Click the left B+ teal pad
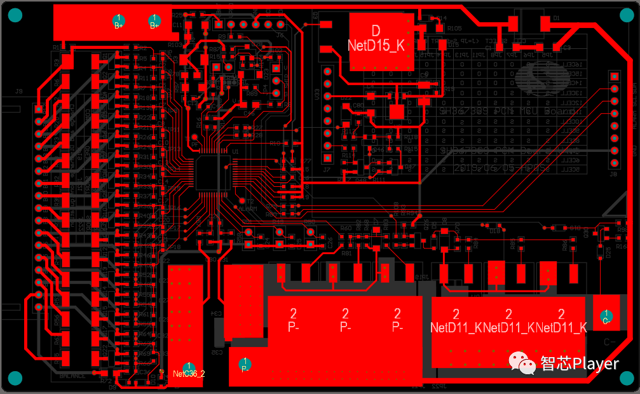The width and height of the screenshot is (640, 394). tap(118, 22)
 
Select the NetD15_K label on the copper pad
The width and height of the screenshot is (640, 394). tap(376, 46)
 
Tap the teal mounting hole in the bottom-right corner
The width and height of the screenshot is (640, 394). tap(626, 378)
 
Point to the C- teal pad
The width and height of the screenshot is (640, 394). tap(606, 316)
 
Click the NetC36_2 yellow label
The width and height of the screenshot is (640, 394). tap(189, 374)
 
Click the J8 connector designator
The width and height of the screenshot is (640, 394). tap(613, 173)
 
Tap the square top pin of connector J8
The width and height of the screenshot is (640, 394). tap(614, 76)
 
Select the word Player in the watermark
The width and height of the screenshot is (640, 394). tap(595, 363)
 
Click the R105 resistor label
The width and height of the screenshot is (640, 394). tap(454, 29)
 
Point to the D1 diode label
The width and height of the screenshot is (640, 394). tap(556, 18)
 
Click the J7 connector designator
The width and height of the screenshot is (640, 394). tap(327, 170)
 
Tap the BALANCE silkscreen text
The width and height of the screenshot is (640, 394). tap(72, 376)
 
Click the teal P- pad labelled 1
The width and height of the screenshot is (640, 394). tap(245, 365)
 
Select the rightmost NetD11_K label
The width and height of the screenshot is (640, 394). tap(561, 328)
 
